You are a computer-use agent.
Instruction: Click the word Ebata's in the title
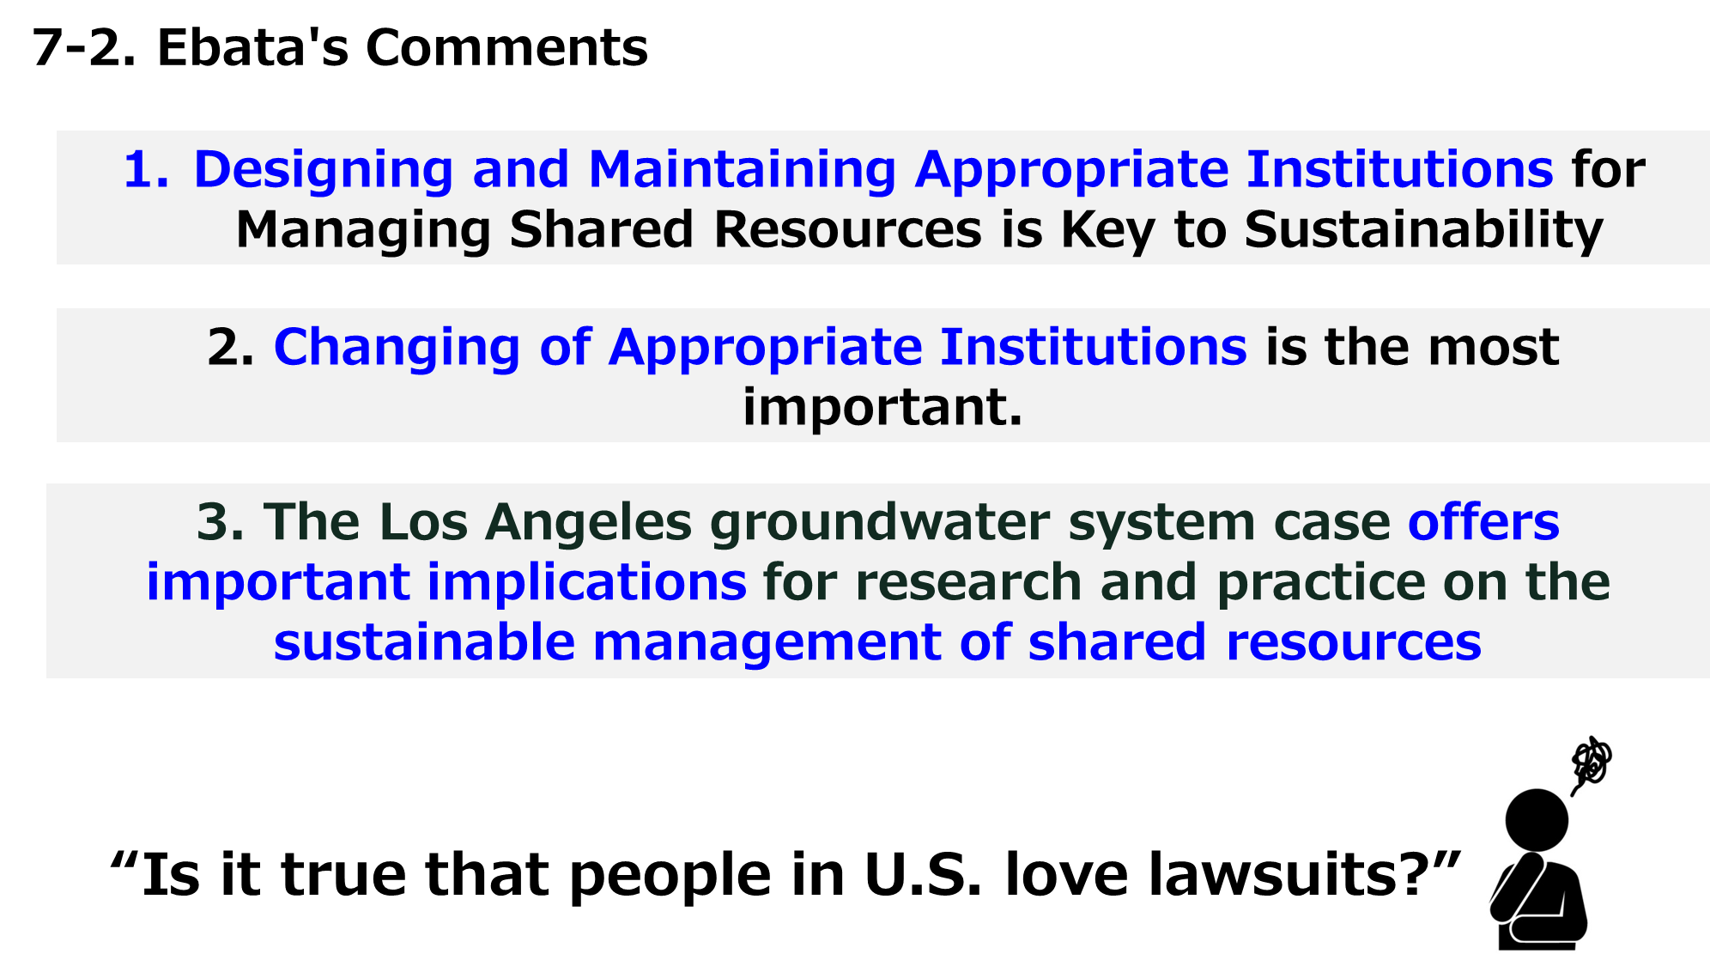point(253,47)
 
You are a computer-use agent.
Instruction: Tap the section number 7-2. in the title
point(84,47)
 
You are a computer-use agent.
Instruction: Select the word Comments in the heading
point(507,47)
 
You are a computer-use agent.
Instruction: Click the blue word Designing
point(324,169)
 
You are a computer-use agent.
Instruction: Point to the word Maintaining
point(743,168)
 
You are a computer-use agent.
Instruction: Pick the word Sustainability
point(1423,229)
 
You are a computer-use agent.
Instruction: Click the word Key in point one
point(1107,229)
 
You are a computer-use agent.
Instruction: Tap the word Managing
point(364,229)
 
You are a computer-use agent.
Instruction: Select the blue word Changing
point(397,347)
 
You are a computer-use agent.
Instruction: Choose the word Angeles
point(588,522)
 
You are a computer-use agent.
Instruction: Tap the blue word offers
point(1483,521)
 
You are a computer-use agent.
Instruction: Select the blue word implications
point(587,582)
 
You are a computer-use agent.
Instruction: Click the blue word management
point(767,642)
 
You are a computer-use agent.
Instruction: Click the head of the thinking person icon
point(1537,821)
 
